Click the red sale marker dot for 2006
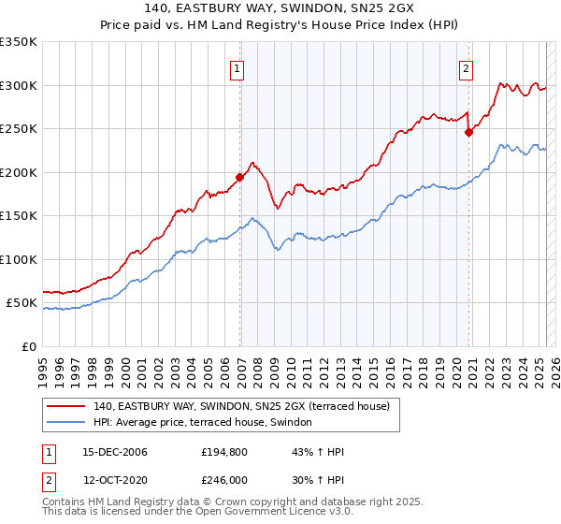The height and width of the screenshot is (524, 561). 239,176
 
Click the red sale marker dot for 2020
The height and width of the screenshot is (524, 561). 469,132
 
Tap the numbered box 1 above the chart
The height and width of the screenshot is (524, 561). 237,68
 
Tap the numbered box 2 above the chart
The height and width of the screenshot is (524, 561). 466,68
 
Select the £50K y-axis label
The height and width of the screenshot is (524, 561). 22,303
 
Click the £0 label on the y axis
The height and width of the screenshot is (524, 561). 30,347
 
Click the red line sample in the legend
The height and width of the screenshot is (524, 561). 66,405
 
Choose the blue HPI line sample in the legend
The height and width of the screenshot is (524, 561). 66,423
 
